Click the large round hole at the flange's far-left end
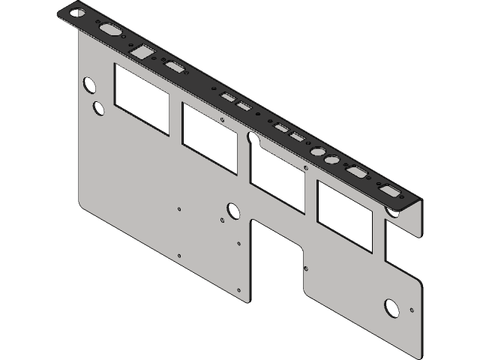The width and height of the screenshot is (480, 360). coord(76,12)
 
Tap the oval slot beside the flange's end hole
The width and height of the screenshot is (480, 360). coord(110,31)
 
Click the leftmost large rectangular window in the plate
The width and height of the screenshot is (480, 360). coord(141,98)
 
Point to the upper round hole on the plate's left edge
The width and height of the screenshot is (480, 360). coord(88,85)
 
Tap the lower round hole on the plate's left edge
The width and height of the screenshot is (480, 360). coord(98,108)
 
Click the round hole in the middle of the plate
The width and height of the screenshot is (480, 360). coord(232,211)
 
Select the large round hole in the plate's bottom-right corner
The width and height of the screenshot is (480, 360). coord(391,307)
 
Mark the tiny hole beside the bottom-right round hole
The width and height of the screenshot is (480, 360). coord(412,309)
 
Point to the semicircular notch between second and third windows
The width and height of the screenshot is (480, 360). coord(253,139)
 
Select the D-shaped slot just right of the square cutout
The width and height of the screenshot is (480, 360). coord(176,68)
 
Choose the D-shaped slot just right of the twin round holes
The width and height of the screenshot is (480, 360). coord(357,173)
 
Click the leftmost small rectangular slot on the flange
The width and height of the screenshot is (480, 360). coord(226,97)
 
